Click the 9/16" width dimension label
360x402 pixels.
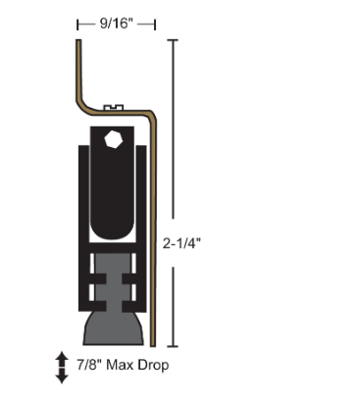(x=116, y=19)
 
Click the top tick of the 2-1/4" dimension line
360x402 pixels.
(x=175, y=40)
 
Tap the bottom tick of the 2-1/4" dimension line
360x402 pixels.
(x=175, y=346)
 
